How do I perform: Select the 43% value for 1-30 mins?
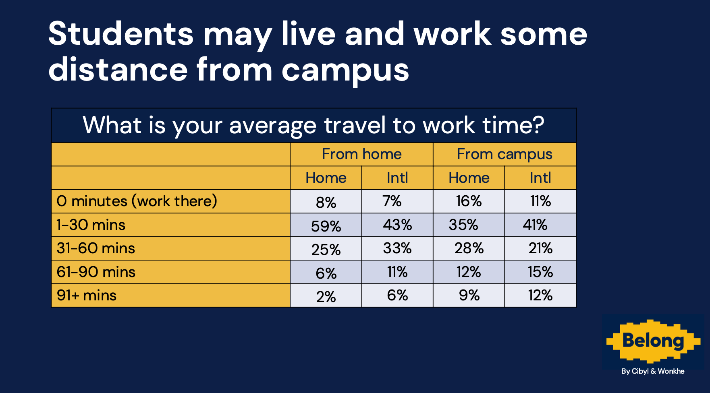coord(397,225)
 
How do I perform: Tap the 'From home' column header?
coord(362,154)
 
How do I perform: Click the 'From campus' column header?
coord(504,155)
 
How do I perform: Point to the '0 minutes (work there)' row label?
coord(137,201)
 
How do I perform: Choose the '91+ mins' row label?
coord(87,296)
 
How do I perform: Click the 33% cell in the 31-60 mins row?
coord(397,248)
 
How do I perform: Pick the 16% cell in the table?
coord(469,201)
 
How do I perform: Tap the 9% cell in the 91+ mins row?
coord(469,296)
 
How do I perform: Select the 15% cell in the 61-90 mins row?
coord(540,272)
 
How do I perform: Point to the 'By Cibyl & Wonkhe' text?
coord(653,371)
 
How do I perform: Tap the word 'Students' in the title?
coord(121,34)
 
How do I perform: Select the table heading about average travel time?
coord(313,125)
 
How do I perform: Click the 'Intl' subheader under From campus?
coord(540,178)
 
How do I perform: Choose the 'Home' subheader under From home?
coord(326,178)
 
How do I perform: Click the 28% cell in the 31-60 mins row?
coord(469,248)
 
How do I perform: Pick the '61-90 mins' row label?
coord(96,272)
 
